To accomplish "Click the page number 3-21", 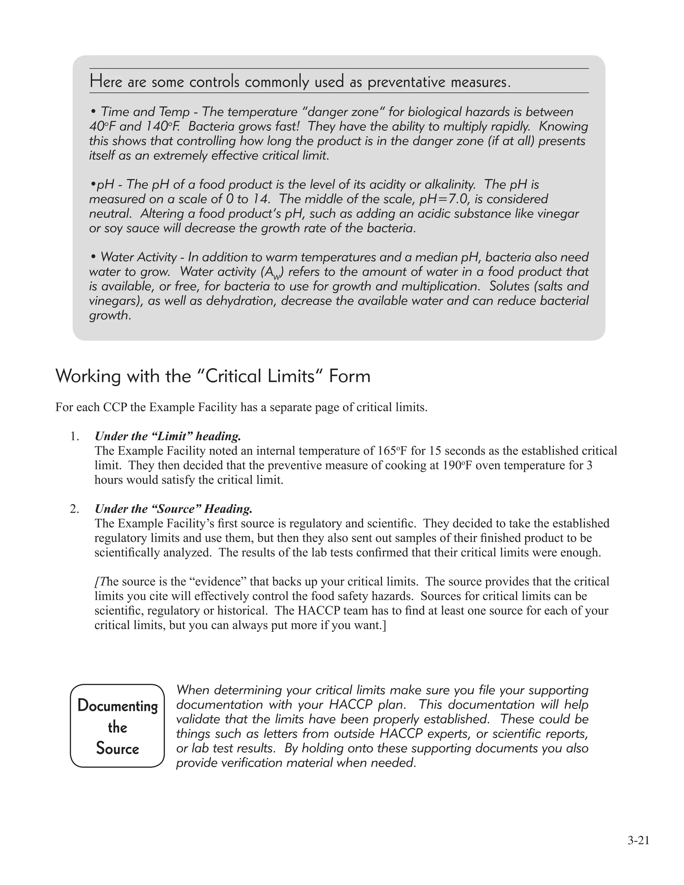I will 638,841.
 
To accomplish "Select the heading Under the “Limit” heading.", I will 168,436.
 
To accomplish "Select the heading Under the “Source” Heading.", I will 173,509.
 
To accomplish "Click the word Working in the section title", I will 88,376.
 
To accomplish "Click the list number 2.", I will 74,509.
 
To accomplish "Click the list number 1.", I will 74,436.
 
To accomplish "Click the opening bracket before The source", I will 97,582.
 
